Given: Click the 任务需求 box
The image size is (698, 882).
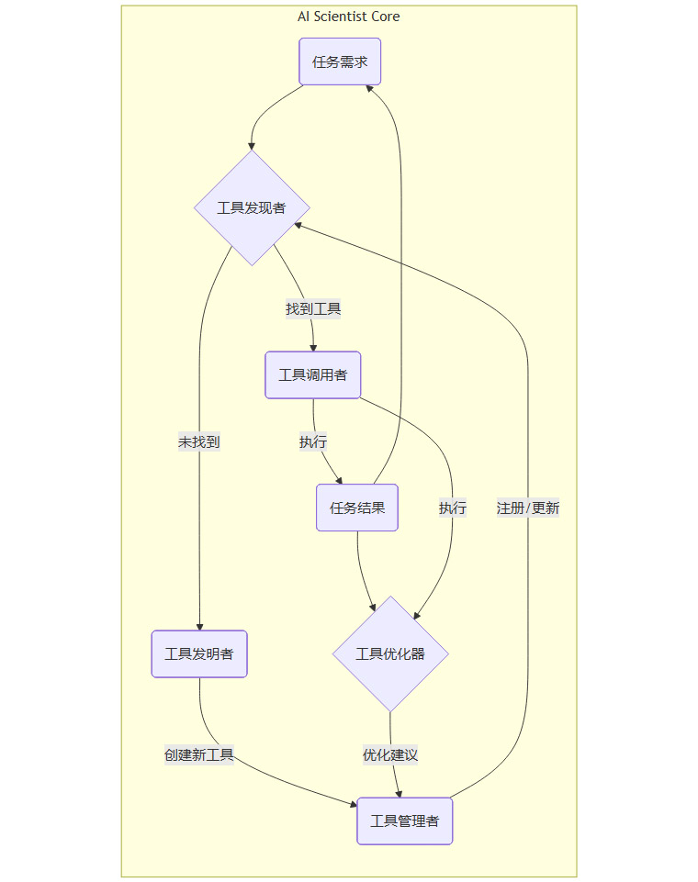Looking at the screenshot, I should [x=340, y=62].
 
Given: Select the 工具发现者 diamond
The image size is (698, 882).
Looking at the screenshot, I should [x=252, y=208].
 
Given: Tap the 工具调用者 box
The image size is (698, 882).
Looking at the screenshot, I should [x=312, y=375].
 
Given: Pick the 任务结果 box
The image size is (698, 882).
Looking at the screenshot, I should [x=356, y=508].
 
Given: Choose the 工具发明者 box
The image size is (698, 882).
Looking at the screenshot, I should [x=198, y=654].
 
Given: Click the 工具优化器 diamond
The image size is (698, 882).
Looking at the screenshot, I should [x=390, y=654].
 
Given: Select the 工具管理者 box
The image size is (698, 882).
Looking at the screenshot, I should [x=404, y=821].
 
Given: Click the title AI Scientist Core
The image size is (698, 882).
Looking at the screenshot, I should [x=349, y=17].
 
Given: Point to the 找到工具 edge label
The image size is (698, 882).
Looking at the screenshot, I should [x=313, y=309].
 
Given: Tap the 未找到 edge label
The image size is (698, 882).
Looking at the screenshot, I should [x=198, y=442].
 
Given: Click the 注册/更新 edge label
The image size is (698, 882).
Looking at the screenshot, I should [x=528, y=508].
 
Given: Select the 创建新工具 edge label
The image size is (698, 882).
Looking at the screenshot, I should [x=199, y=755].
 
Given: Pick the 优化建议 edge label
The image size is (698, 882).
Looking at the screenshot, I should [x=390, y=755].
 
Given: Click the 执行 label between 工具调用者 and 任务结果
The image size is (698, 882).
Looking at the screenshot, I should [x=313, y=442].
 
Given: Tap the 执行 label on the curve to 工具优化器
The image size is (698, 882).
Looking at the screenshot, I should [x=452, y=508].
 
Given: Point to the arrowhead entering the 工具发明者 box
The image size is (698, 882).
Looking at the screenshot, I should [x=199, y=626].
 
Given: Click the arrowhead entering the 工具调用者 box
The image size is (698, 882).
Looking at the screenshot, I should [x=313, y=347].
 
